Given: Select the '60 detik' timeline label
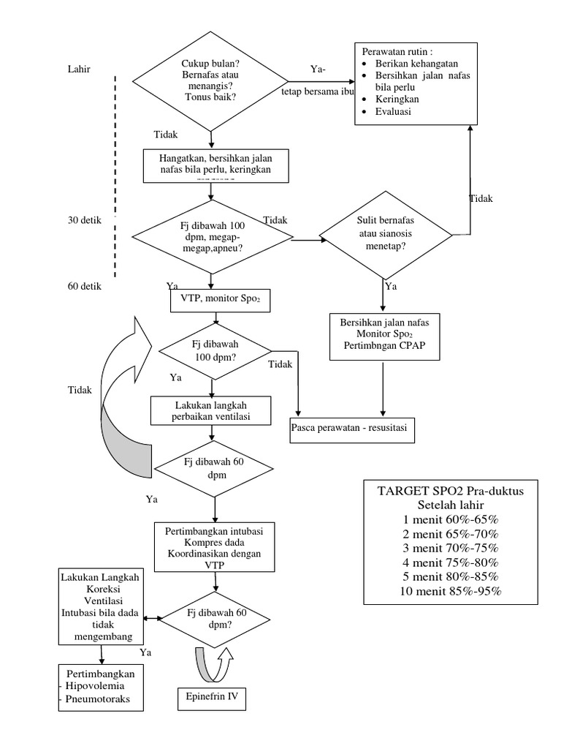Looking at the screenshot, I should pos(85,286).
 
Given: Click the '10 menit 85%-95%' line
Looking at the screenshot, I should pos(446,591).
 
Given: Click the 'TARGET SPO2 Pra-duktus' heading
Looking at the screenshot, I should pos(446,491).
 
